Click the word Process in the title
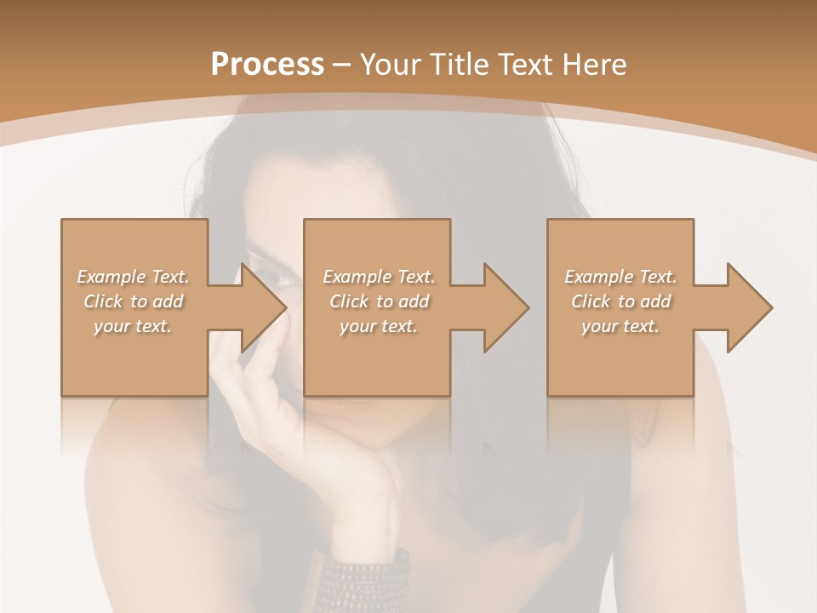tap(267, 65)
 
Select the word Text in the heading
tap(526, 65)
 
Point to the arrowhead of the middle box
tap(510, 307)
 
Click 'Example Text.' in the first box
tap(133, 277)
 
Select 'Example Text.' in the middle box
tap(379, 277)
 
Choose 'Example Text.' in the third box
tap(620, 277)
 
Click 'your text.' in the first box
tap(133, 326)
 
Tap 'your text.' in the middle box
tap(379, 326)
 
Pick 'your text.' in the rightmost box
tap(620, 326)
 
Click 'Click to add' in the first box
tap(133, 301)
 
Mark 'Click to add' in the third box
tap(620, 301)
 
